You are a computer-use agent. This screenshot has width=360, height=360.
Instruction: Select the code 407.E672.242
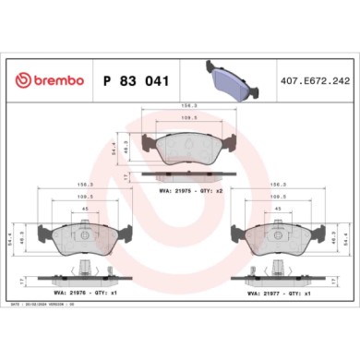315,81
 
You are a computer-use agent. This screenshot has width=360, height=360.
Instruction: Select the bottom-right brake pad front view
275,235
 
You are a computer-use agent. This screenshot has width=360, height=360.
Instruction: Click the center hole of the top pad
190,145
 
